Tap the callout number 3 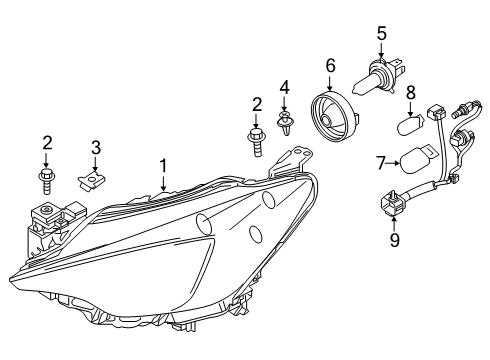[95, 148]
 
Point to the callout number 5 [381, 33]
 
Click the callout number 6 [329, 66]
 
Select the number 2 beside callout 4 [257, 103]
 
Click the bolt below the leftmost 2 [47, 180]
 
